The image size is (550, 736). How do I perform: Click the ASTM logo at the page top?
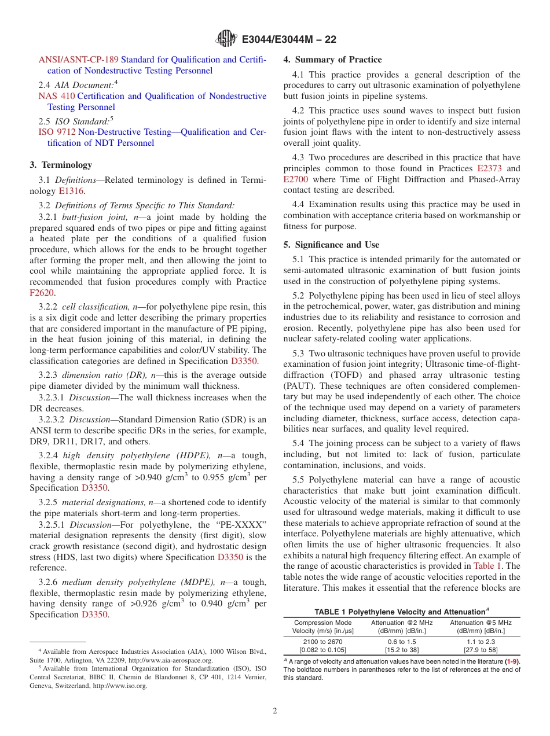[226, 39]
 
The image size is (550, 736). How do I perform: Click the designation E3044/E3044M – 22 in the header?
[288, 39]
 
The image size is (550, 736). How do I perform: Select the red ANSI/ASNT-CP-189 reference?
[78, 60]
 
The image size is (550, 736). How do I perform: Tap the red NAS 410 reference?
[56, 96]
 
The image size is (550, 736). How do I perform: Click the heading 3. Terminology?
[61, 165]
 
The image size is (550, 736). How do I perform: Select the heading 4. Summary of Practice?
[332, 60]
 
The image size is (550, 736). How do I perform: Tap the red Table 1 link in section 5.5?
[487, 566]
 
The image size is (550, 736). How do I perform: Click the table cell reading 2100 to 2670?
[322, 642]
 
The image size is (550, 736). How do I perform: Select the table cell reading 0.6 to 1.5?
[401, 642]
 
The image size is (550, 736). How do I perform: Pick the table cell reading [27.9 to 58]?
[481, 650]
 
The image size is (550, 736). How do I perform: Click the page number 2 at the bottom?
[275, 711]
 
